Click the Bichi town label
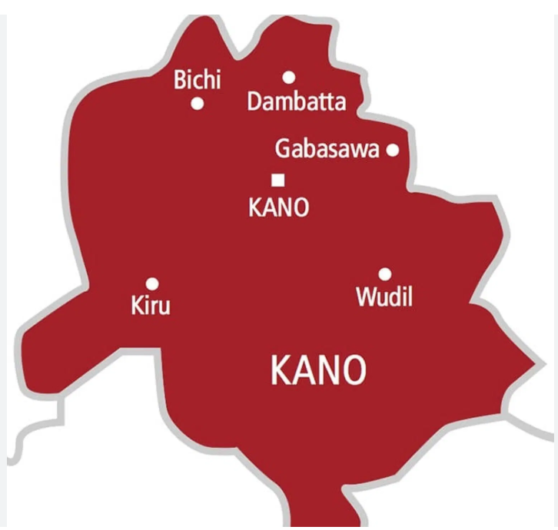198,80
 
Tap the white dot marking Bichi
198,104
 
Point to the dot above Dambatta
289,77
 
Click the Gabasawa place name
327,149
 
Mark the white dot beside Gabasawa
393,151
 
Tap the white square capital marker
278,181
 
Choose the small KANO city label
278,207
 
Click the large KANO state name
318,372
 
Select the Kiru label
151,306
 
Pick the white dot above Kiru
152,283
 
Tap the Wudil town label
384,296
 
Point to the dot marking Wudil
384,273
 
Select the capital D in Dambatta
255,101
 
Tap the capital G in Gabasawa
283,149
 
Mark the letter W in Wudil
365,296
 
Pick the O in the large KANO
354,372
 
